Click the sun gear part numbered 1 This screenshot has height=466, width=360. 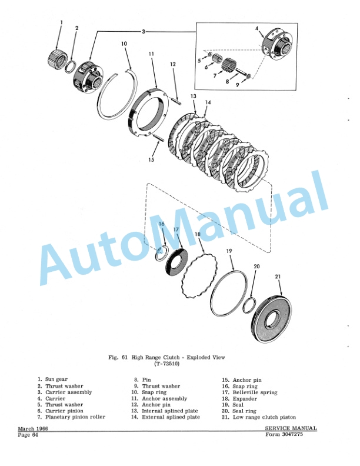click(55, 58)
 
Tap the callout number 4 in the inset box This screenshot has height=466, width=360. click(256, 28)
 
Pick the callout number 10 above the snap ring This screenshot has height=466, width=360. click(124, 44)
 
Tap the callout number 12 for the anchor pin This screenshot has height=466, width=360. click(173, 64)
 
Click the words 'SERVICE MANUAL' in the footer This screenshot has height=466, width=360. click(291, 428)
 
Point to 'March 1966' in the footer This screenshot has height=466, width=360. click(33, 429)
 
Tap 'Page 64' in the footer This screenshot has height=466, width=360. click(28, 435)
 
